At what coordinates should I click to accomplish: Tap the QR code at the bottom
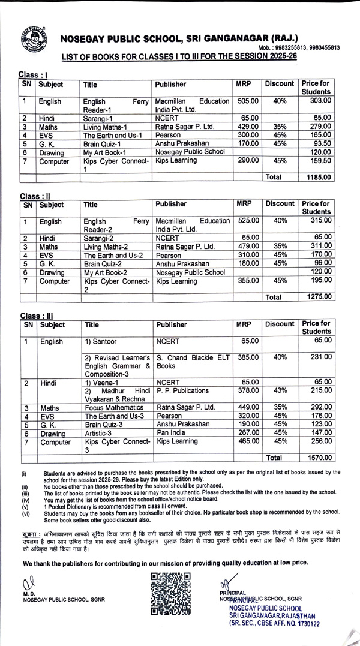click(x=170, y=594)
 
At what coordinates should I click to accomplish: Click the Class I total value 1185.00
click(x=317, y=178)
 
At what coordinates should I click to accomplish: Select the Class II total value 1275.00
click(x=317, y=296)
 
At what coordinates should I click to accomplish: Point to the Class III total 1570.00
click(x=317, y=457)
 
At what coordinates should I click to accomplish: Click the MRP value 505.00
click(x=248, y=101)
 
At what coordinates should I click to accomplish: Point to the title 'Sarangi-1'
click(x=102, y=118)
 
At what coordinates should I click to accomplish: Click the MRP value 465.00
click(x=248, y=441)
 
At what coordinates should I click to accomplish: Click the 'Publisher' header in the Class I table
click(x=171, y=85)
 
